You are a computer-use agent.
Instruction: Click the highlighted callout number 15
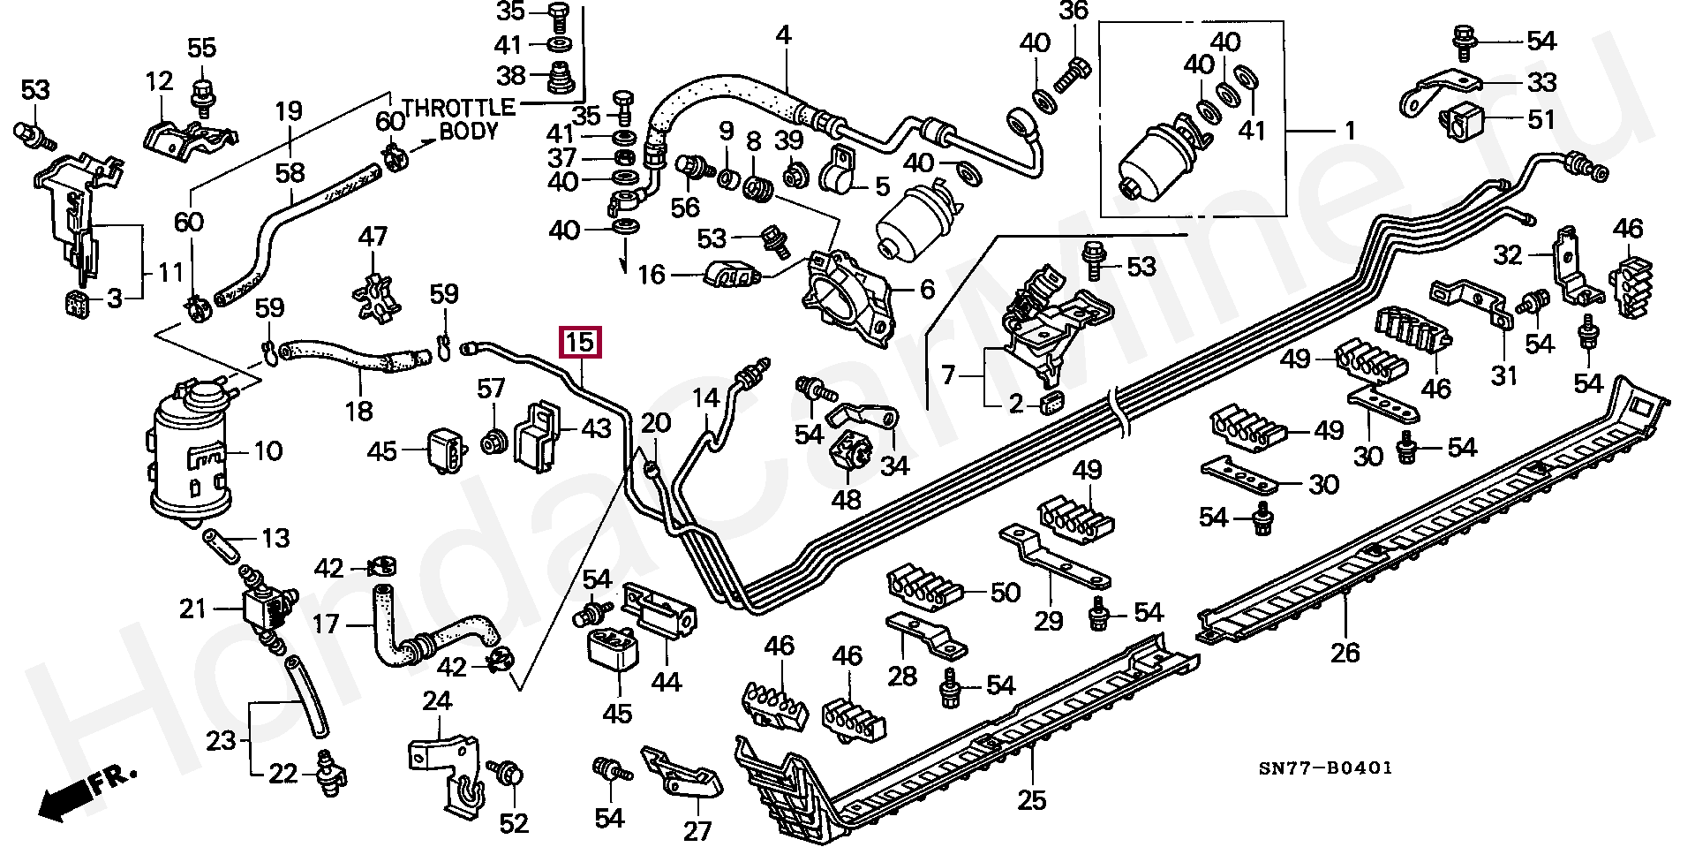[581, 342]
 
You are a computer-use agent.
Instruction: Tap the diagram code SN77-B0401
[1325, 768]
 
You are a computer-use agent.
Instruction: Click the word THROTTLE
[458, 108]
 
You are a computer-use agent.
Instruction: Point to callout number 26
[1345, 653]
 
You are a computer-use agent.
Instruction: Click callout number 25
[1031, 800]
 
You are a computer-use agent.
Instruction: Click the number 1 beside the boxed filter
[1349, 132]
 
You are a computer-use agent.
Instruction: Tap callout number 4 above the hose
[783, 36]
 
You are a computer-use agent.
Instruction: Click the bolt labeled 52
[507, 772]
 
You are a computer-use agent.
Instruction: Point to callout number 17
[326, 624]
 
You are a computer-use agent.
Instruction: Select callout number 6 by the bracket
[926, 289]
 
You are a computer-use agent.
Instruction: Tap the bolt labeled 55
[201, 92]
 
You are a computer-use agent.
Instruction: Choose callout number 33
[1541, 82]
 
